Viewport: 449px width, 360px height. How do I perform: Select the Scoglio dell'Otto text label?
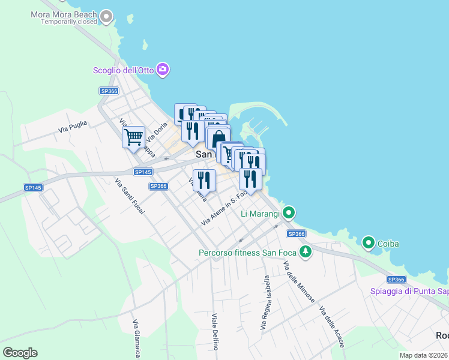(123, 70)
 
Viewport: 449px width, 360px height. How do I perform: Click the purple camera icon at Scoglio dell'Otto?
(162, 70)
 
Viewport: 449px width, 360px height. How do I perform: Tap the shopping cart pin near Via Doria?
(133, 137)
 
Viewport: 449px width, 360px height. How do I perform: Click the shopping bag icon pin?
(219, 137)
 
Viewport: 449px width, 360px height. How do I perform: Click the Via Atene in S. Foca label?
(224, 208)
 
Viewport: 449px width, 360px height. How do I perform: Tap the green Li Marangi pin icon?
(289, 213)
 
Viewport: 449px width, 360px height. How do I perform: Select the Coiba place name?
(388, 244)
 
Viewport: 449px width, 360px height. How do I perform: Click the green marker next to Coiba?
(369, 243)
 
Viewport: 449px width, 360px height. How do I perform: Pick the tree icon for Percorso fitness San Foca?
(306, 252)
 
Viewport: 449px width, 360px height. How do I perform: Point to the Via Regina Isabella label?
(265, 302)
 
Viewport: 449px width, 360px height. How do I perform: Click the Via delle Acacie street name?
(331, 328)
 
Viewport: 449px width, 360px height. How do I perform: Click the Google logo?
(20, 353)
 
